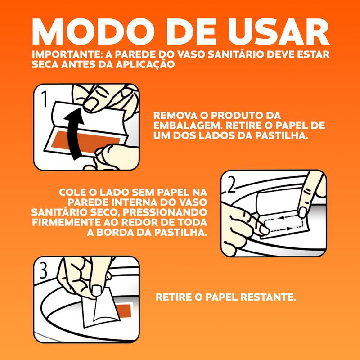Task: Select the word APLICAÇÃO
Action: tap(145, 64)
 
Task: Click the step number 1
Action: tap(44, 99)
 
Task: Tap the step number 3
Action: tap(44, 270)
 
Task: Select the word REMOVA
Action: tap(174, 116)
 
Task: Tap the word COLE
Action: tap(72, 192)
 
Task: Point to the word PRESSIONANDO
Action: tap(165, 212)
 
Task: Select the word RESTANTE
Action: tap(268, 297)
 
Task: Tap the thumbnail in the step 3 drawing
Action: tap(97, 291)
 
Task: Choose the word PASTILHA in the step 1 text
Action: tap(281, 136)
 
